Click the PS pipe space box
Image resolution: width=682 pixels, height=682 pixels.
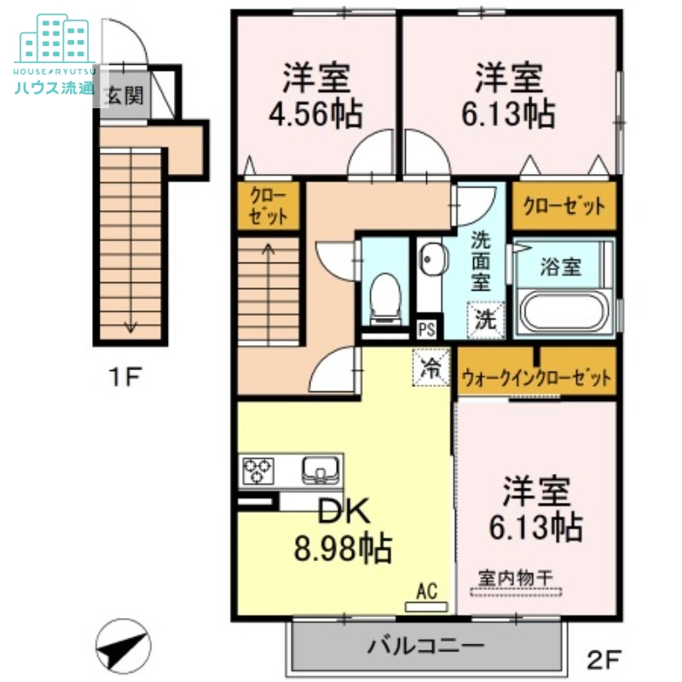427,329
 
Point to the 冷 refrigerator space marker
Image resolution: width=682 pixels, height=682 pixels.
431,368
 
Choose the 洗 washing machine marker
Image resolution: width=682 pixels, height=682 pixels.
485,320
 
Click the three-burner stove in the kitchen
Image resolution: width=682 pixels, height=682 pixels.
258,471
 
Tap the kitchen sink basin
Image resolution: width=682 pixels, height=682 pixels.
321,470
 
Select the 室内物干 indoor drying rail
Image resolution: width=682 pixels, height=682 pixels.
517,592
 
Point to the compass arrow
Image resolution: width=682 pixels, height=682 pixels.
123,645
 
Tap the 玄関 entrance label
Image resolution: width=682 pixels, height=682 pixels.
124,96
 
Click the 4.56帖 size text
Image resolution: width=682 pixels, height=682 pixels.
315,114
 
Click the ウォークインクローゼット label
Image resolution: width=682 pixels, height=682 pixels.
537,378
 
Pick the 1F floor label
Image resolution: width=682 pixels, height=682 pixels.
124,377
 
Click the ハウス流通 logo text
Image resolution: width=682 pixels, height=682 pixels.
55,88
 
